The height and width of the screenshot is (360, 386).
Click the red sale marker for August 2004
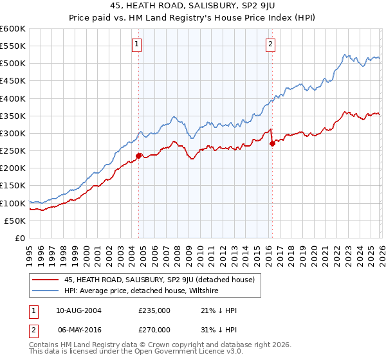[138, 156]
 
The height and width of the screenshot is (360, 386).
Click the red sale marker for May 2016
[272, 143]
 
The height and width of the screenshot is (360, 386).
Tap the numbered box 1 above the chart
[138, 44]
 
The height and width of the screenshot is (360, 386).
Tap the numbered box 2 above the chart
[270, 44]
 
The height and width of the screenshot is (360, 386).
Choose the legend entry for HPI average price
[141, 291]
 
